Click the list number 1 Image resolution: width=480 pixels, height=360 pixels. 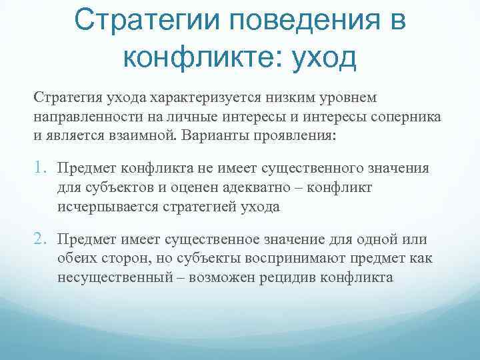[39, 167]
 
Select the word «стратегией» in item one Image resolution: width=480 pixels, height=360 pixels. [193, 206]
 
